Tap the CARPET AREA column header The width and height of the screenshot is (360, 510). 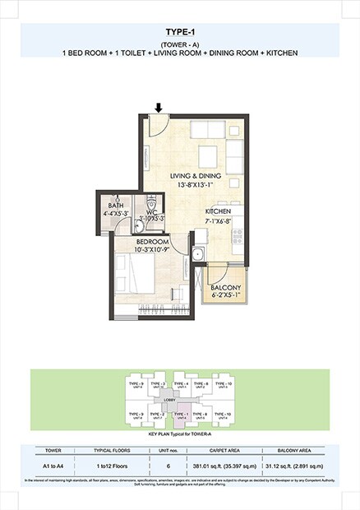(x=224, y=452)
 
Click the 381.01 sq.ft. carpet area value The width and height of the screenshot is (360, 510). (x=224, y=466)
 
